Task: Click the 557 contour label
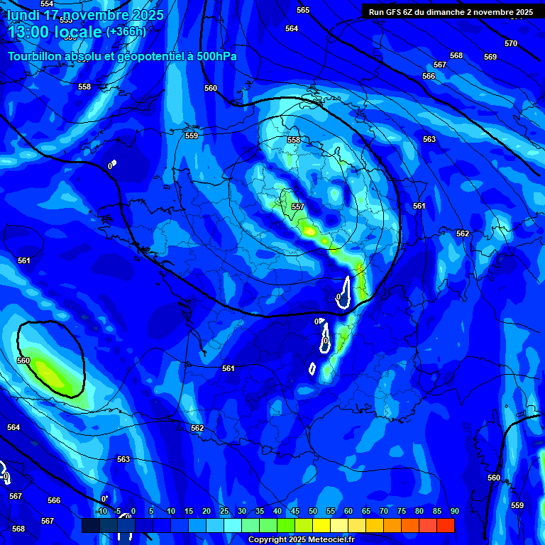[x=298, y=207]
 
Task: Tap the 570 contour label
[x=511, y=43]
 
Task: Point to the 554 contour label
[x=47, y=4]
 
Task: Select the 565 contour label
[x=303, y=10]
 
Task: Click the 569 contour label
[x=490, y=57]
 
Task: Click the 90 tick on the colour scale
[x=454, y=511]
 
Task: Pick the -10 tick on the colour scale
[x=101, y=511]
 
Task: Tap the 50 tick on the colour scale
[x=313, y=511]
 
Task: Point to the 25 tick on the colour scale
[x=224, y=511]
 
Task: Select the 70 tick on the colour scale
[x=384, y=511]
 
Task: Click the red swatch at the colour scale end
[x=445, y=525]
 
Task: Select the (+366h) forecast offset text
[x=126, y=32]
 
